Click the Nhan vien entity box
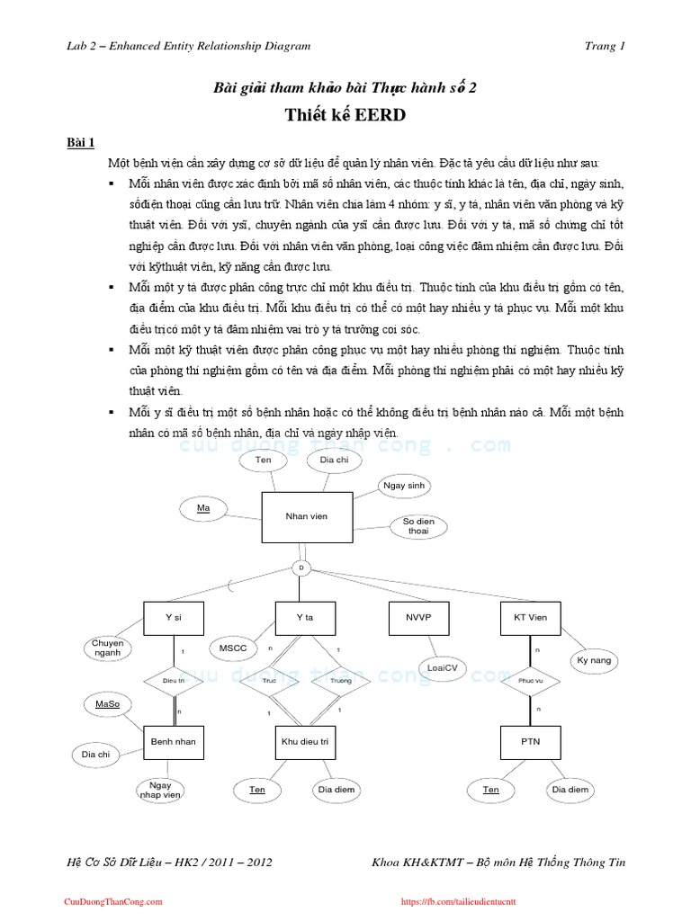(x=306, y=516)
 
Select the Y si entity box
(x=174, y=618)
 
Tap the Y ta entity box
(x=304, y=618)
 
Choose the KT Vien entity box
(x=530, y=618)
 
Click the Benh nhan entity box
(x=174, y=742)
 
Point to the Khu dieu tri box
(x=305, y=742)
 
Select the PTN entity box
(x=530, y=742)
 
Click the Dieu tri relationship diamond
(x=174, y=681)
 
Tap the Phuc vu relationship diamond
(x=530, y=681)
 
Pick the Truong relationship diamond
(x=340, y=681)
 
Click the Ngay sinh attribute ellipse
(x=404, y=486)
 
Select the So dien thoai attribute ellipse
(x=418, y=526)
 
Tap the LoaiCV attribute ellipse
(x=442, y=668)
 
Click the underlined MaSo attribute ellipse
(x=107, y=704)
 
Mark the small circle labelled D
(x=301, y=568)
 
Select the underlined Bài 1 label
(x=86, y=142)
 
